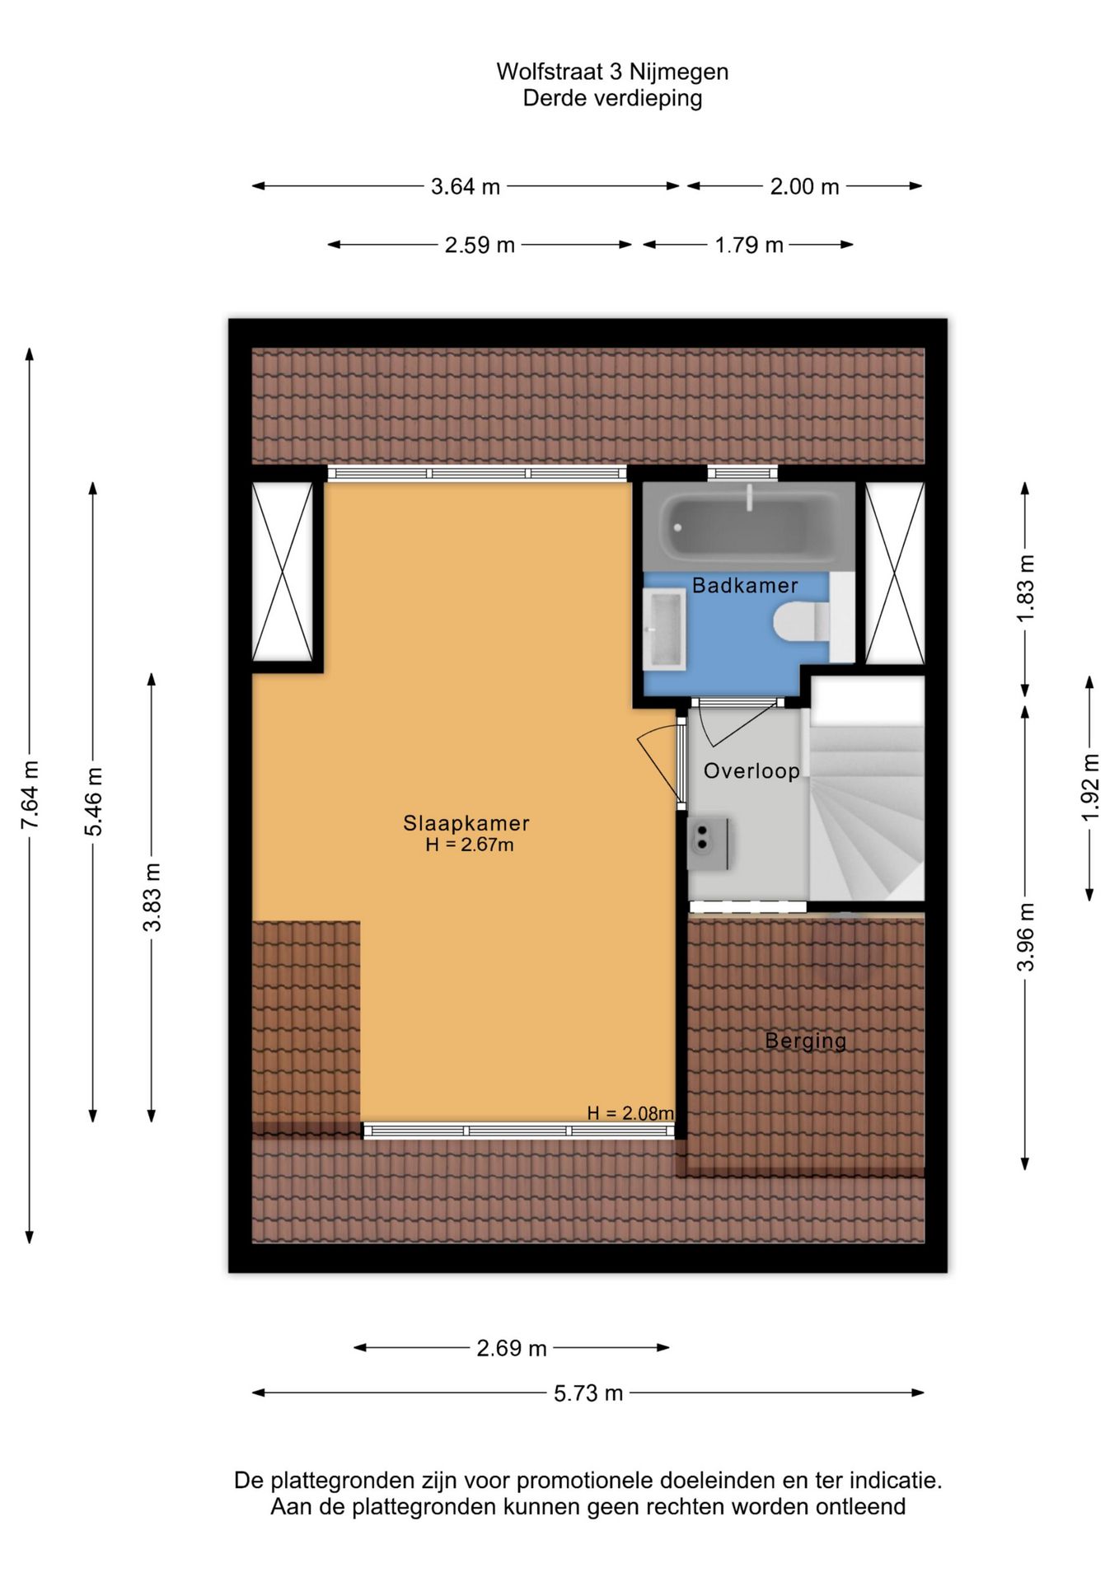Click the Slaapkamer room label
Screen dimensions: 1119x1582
point(466,822)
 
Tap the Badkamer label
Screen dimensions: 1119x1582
point(745,585)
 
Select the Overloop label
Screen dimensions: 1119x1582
point(751,770)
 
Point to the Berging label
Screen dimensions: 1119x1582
point(805,1040)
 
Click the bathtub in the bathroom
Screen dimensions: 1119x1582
point(748,527)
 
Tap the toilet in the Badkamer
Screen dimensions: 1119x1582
point(802,621)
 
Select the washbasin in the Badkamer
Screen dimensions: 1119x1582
point(664,629)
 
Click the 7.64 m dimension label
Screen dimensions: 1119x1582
point(30,795)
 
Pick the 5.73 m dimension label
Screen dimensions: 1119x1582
point(588,1393)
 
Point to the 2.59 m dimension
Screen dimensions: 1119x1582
point(480,245)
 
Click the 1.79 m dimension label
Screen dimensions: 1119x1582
point(748,245)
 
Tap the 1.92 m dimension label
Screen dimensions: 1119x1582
point(1090,787)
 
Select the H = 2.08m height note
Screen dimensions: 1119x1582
point(630,1113)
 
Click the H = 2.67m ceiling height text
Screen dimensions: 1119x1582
point(470,845)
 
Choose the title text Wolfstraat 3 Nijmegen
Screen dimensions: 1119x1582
point(612,72)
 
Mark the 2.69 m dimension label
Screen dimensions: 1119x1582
point(512,1348)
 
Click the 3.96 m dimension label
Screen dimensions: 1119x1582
point(1025,937)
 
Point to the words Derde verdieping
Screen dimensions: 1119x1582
point(612,98)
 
